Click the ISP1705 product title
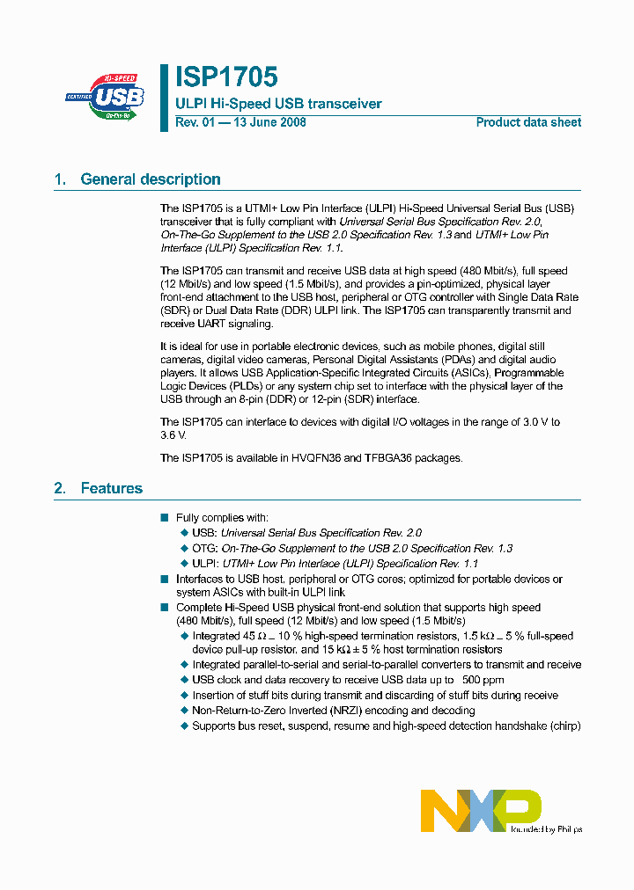(x=226, y=77)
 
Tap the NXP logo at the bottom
(x=481, y=810)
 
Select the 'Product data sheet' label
(x=528, y=122)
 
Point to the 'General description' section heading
(x=151, y=179)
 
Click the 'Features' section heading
(x=111, y=488)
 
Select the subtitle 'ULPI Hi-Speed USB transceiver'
(x=278, y=104)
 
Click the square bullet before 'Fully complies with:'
(x=164, y=518)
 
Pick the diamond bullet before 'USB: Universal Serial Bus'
(x=184, y=533)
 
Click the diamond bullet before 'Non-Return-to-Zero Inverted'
(x=184, y=710)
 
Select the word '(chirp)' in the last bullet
(x=564, y=726)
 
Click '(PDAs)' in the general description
(x=428, y=360)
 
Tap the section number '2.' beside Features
(x=60, y=488)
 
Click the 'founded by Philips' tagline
(x=546, y=828)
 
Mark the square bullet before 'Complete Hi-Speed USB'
(x=164, y=608)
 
